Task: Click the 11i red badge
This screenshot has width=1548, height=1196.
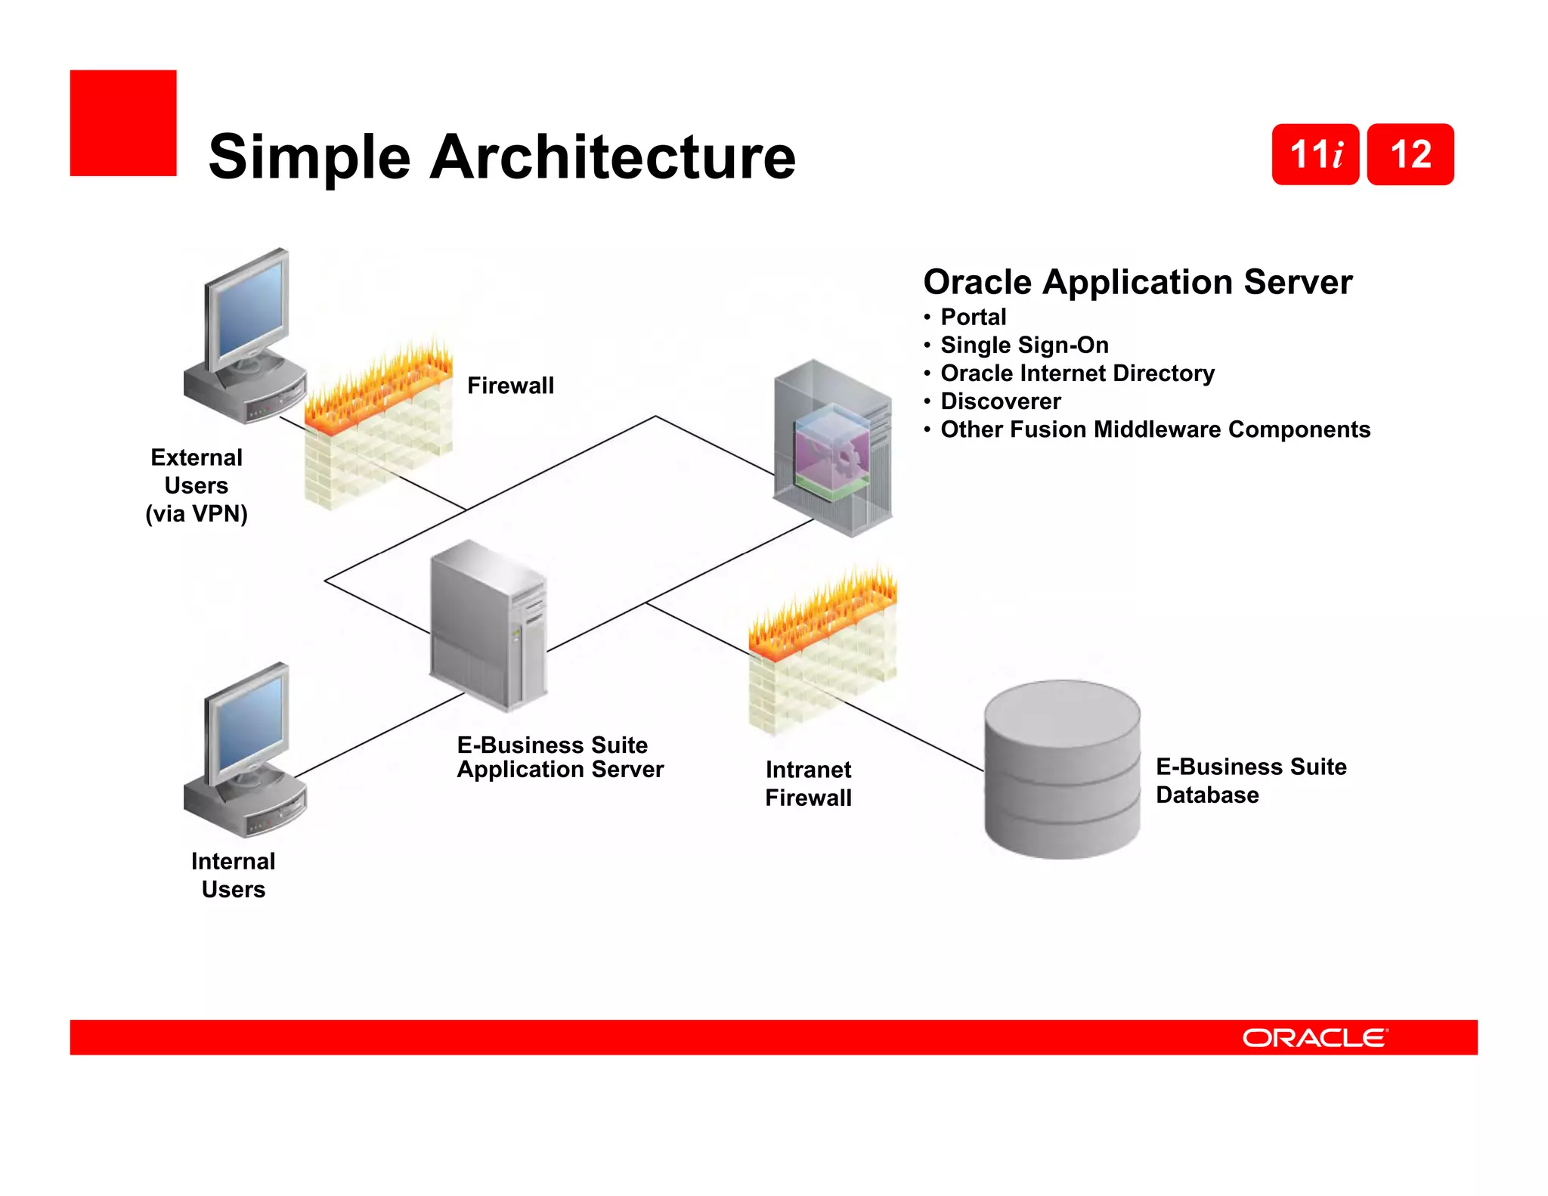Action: [x=1315, y=154]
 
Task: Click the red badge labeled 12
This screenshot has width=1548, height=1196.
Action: [x=1410, y=154]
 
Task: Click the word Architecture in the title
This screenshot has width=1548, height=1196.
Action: [x=612, y=157]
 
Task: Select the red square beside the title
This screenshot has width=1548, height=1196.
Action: [x=123, y=123]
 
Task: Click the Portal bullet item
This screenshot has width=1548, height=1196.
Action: [x=973, y=317]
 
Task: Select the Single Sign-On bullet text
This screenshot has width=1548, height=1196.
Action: [x=1024, y=345]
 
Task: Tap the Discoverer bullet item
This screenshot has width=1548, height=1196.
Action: [x=1000, y=401]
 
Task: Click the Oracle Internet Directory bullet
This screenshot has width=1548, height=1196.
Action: [x=1077, y=373]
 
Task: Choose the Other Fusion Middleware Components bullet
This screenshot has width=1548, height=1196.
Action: [x=1155, y=429]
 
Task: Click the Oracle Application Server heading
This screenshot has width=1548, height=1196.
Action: [x=1138, y=282]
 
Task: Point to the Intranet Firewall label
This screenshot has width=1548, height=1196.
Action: [x=808, y=783]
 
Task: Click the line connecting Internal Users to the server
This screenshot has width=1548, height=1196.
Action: [x=378, y=736]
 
